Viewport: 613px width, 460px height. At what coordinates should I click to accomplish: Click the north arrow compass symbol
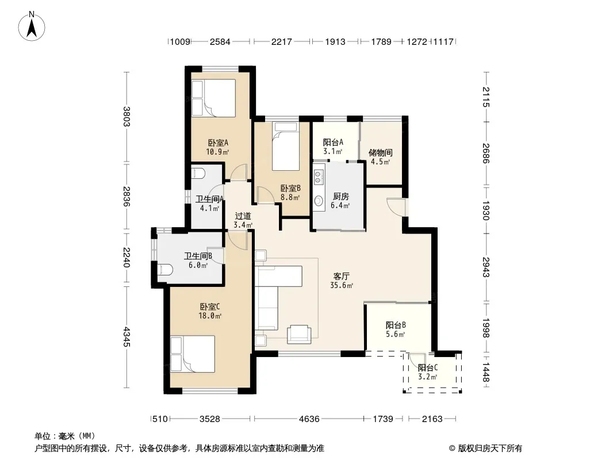pyautogui.click(x=32, y=26)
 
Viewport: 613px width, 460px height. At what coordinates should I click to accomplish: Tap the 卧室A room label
pyautogui.click(x=218, y=143)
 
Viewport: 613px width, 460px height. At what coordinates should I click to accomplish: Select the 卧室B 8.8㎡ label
pyautogui.click(x=290, y=193)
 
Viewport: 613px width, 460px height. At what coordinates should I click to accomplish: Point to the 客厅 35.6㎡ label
pyautogui.click(x=342, y=281)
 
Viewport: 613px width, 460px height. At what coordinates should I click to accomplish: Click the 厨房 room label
pyautogui.click(x=340, y=196)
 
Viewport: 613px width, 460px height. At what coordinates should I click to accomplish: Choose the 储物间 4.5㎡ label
pyautogui.click(x=380, y=157)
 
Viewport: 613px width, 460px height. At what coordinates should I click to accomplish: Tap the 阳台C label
pyautogui.click(x=428, y=368)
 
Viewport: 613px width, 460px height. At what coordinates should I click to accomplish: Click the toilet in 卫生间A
pyautogui.click(x=197, y=172)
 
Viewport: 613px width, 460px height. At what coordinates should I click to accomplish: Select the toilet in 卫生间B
pyautogui.click(x=166, y=269)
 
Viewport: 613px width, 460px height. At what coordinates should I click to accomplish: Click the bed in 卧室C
pyautogui.click(x=192, y=354)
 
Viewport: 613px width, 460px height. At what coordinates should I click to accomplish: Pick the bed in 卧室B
pyautogui.click(x=285, y=146)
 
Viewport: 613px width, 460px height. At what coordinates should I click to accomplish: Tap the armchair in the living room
pyautogui.click(x=299, y=334)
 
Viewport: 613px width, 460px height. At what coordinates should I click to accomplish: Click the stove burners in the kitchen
pyautogui.click(x=319, y=176)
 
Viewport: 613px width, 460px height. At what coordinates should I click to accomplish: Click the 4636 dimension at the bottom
pyautogui.click(x=309, y=419)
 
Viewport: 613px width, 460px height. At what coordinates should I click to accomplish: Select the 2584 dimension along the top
pyautogui.click(x=220, y=41)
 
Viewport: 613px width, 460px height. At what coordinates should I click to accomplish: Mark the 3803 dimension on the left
pyautogui.click(x=127, y=117)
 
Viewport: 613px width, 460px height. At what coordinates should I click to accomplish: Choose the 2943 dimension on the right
pyautogui.click(x=486, y=267)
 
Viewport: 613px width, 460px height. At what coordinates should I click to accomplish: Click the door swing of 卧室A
pyautogui.click(x=239, y=172)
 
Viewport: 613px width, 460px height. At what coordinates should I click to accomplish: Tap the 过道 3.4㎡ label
pyautogui.click(x=243, y=220)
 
